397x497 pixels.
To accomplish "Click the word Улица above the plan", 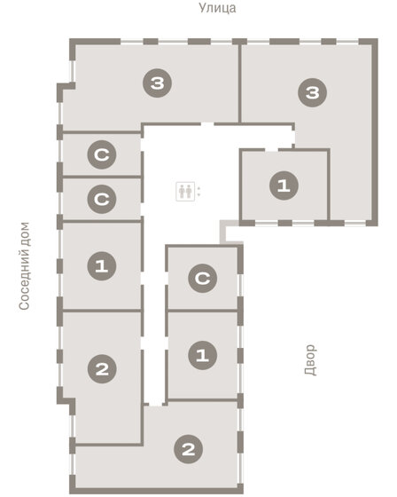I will (x=217, y=8).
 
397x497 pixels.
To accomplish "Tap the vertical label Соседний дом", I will (x=25, y=265).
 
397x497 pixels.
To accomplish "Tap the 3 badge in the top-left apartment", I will (x=157, y=84).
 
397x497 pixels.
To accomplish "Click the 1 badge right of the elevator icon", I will (x=284, y=185).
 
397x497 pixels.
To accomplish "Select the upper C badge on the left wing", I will (x=102, y=156).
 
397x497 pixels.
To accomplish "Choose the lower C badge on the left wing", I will (x=102, y=199).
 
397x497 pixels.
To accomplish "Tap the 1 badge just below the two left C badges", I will (x=102, y=264).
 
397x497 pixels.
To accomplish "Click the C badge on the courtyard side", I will (x=203, y=279).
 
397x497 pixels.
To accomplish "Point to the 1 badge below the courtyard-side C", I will (x=203, y=356).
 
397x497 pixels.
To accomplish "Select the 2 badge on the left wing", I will (x=102, y=369).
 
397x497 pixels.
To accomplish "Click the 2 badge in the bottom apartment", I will (x=188, y=449).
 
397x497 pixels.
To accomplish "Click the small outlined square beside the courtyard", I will (x=230, y=233).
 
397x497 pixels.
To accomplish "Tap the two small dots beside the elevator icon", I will (x=198, y=190).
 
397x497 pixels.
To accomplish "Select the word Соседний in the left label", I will (x=25, y=281).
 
